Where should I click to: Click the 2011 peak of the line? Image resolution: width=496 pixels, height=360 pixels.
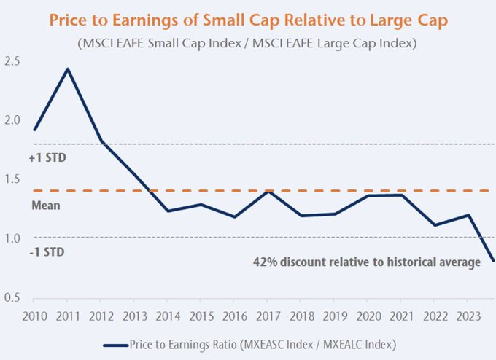pyautogui.click(x=67, y=69)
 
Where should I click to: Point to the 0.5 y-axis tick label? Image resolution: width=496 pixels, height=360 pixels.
pyautogui.click(x=12, y=297)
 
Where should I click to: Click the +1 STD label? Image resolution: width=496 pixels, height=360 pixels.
pyautogui.click(x=49, y=156)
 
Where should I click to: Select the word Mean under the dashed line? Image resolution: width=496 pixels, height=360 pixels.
pyautogui.click(x=45, y=206)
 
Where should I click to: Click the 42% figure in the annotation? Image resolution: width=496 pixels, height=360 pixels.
pyautogui.click(x=264, y=261)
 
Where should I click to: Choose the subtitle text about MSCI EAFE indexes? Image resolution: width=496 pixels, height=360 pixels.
pyautogui.click(x=247, y=43)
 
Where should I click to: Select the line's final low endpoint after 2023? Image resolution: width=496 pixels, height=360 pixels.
pyautogui.click(x=493, y=260)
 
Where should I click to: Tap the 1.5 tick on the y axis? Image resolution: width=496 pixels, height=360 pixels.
pyautogui.click(x=12, y=179)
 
